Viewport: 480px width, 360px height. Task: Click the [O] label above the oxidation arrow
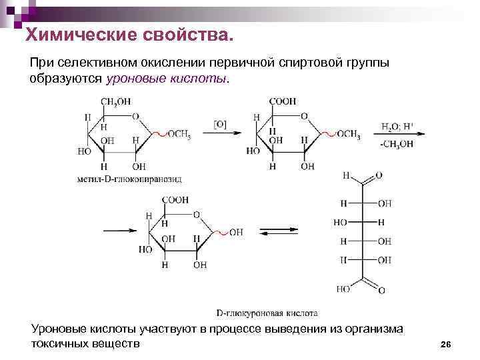click(x=220, y=123)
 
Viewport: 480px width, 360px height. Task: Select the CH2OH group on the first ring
click(x=115, y=101)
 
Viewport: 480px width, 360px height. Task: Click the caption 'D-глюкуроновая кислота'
click(x=267, y=312)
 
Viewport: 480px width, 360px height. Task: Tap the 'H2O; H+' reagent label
click(x=397, y=125)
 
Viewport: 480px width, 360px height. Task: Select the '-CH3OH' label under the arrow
click(x=397, y=143)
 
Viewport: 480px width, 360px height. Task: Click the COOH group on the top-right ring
click(x=283, y=101)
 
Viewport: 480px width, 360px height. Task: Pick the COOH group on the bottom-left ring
click(x=175, y=199)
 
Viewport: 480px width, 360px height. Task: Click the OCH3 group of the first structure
click(x=179, y=134)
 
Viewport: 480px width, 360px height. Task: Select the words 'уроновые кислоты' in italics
click(x=167, y=78)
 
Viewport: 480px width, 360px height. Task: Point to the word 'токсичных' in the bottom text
click(x=64, y=343)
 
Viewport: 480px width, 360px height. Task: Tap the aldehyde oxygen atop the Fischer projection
click(x=379, y=176)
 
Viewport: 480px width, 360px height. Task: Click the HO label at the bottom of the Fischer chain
click(x=343, y=289)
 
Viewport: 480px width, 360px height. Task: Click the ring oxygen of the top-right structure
click(x=305, y=116)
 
